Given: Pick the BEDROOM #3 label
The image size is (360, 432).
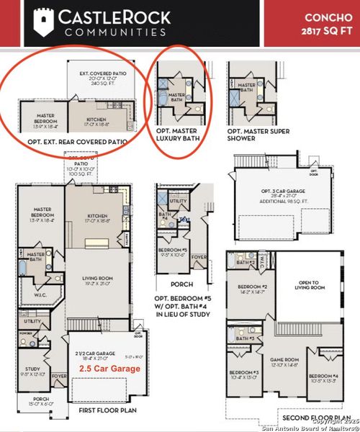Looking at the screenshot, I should pos(246,372).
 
